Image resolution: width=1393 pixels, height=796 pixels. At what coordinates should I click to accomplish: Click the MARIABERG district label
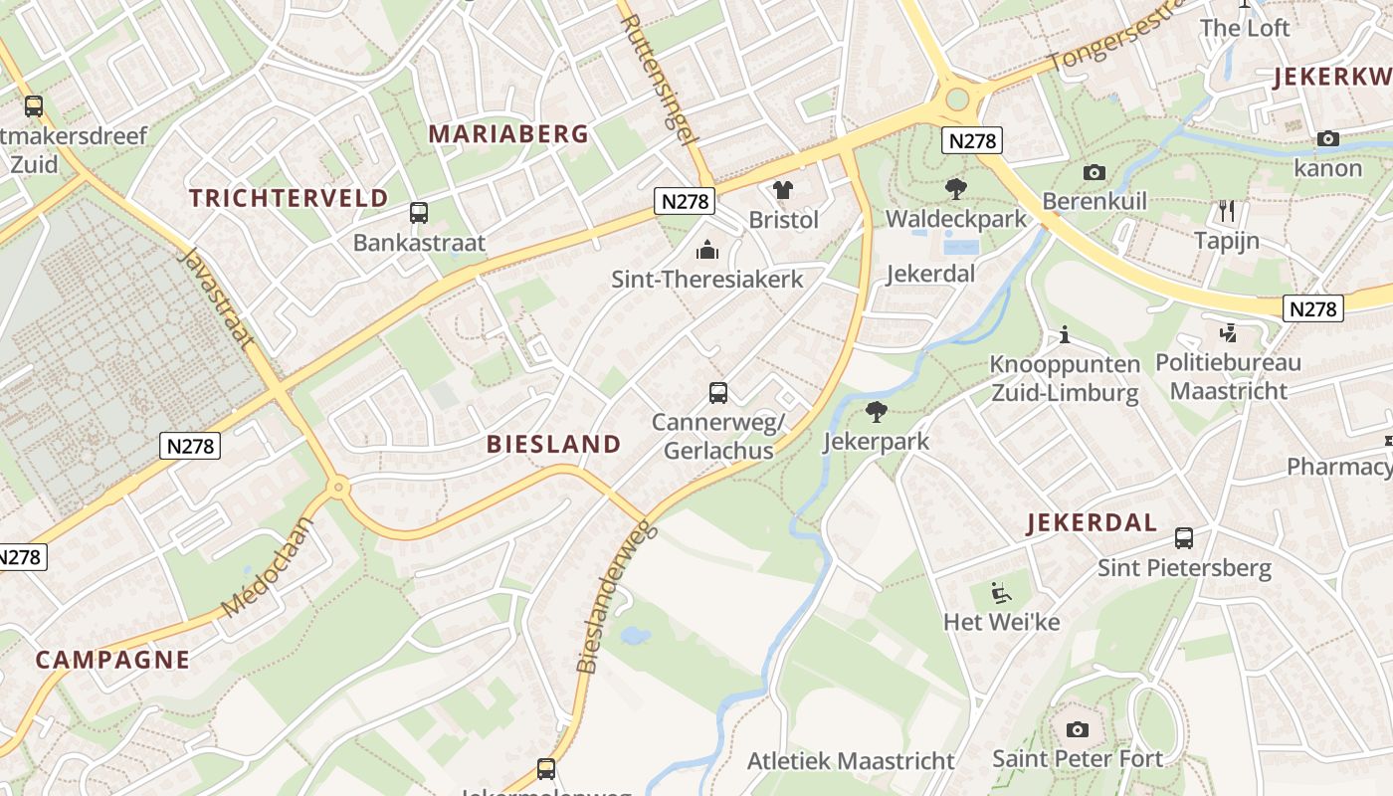(508, 134)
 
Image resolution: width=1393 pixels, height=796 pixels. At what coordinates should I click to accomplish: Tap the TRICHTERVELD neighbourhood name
(289, 197)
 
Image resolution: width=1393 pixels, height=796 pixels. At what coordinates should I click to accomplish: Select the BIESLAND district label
(553, 445)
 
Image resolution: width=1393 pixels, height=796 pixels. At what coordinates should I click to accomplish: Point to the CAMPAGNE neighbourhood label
(112, 659)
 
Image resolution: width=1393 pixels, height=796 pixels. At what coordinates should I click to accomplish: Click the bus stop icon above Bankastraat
(419, 212)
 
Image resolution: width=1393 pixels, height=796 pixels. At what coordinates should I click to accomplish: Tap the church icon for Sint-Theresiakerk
(707, 249)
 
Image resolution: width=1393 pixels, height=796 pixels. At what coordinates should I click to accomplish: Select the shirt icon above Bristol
(783, 189)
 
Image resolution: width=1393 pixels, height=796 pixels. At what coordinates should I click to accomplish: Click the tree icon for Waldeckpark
(955, 188)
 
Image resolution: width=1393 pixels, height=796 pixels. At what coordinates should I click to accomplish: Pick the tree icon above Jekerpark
(876, 411)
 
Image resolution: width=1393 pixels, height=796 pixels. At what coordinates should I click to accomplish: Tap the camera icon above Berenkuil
(1094, 172)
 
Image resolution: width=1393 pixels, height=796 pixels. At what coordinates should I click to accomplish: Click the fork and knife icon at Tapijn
(1227, 211)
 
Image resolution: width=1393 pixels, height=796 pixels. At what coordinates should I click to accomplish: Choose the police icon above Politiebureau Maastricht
(1228, 332)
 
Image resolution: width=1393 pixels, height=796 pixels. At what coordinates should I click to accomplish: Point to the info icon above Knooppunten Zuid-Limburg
(1064, 334)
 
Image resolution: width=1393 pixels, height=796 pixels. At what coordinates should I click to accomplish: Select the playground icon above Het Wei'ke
(1001, 593)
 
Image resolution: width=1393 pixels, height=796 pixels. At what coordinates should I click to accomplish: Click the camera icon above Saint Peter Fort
(1077, 729)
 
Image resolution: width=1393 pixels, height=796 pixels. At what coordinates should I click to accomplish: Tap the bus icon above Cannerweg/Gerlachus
(718, 392)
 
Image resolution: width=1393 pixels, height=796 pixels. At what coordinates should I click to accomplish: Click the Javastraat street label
(215, 298)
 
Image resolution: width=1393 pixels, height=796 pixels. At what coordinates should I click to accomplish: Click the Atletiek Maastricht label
(851, 761)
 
